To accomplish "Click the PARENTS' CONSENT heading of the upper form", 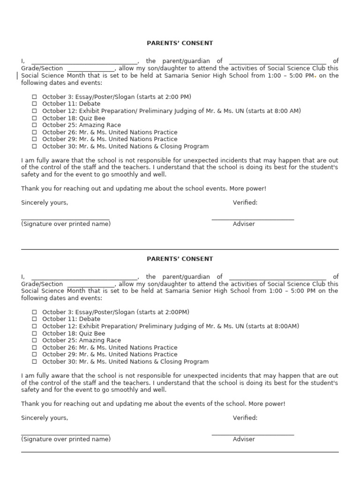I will (180, 43).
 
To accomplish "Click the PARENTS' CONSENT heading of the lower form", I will (180, 259).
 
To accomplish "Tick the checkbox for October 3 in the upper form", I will (34, 97).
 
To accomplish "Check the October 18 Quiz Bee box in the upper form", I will (34, 119).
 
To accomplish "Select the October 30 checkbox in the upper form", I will (34, 147).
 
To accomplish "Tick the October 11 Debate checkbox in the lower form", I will (34, 319).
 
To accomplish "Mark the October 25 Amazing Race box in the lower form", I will (34, 341).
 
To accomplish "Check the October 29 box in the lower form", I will (34, 355).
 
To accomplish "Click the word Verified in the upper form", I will (245, 203).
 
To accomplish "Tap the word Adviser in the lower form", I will (244, 440).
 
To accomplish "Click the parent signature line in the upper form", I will (65, 219).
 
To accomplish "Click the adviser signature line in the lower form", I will (253, 435).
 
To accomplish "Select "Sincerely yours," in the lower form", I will (45, 418).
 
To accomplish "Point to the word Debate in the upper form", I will (90, 104).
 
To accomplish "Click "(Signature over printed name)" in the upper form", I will (66, 224).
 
